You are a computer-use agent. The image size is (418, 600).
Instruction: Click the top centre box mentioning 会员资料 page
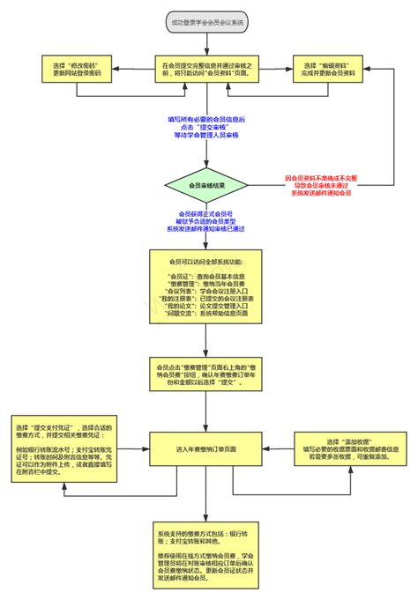coord(208,70)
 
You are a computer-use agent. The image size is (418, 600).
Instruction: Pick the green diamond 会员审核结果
coord(208,185)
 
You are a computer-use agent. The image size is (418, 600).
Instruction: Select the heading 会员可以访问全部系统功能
coord(208,262)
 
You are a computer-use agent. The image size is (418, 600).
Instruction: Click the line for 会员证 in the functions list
coord(208,277)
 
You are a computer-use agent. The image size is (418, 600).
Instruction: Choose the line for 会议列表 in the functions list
coord(208,292)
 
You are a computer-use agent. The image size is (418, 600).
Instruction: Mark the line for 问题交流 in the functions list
coord(208,314)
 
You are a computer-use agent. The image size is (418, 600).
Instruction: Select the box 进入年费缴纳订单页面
coord(208,448)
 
